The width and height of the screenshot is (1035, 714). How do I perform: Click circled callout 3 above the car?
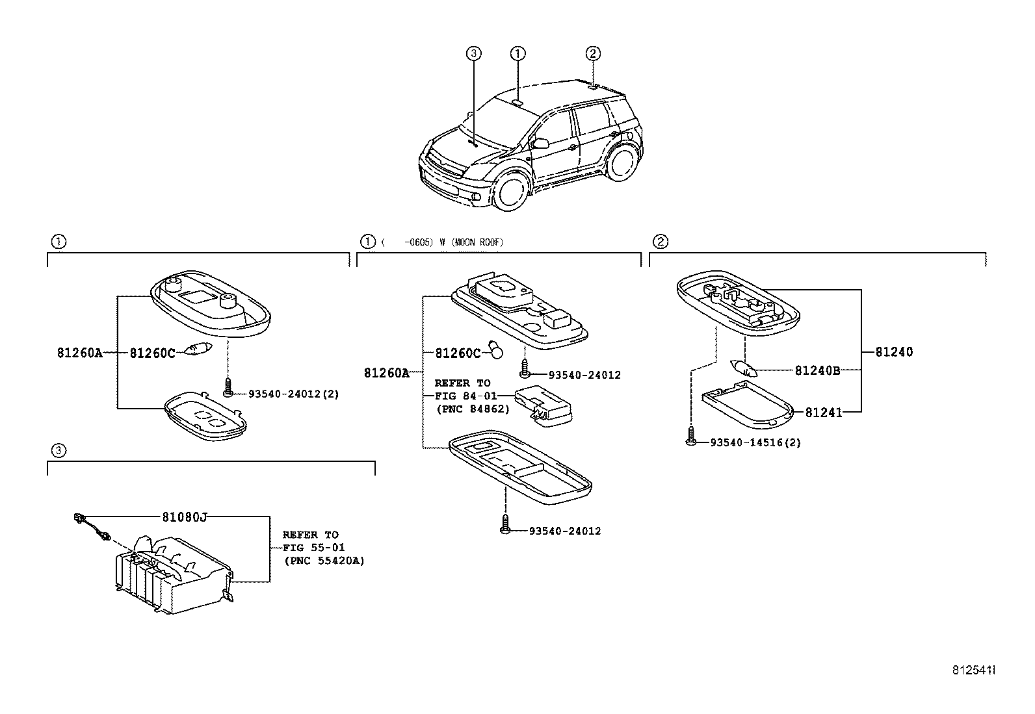[x=474, y=53]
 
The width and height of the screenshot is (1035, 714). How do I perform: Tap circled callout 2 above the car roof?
[x=593, y=53]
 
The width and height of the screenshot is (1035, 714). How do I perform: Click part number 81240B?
[x=817, y=371]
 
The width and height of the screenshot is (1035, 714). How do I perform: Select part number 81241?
[x=823, y=413]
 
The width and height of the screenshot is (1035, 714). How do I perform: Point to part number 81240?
[x=894, y=352]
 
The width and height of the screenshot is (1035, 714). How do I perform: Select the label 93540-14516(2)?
[x=755, y=443]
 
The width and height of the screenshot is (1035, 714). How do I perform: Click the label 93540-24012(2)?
[x=293, y=394]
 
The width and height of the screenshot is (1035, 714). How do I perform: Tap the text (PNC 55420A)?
[x=324, y=561]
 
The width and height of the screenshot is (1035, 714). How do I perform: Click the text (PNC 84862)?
[x=472, y=409]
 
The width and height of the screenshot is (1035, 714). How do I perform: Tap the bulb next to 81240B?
[x=744, y=369]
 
